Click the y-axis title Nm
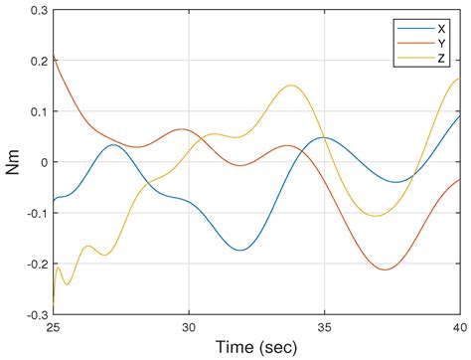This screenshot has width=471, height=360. tap(13, 161)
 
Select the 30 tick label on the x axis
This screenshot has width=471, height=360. tap(189, 325)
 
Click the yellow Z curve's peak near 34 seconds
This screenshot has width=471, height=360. tap(291, 86)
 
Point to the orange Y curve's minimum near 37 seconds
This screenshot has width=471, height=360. tap(384, 269)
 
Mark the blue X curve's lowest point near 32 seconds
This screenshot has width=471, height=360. tap(241, 250)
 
